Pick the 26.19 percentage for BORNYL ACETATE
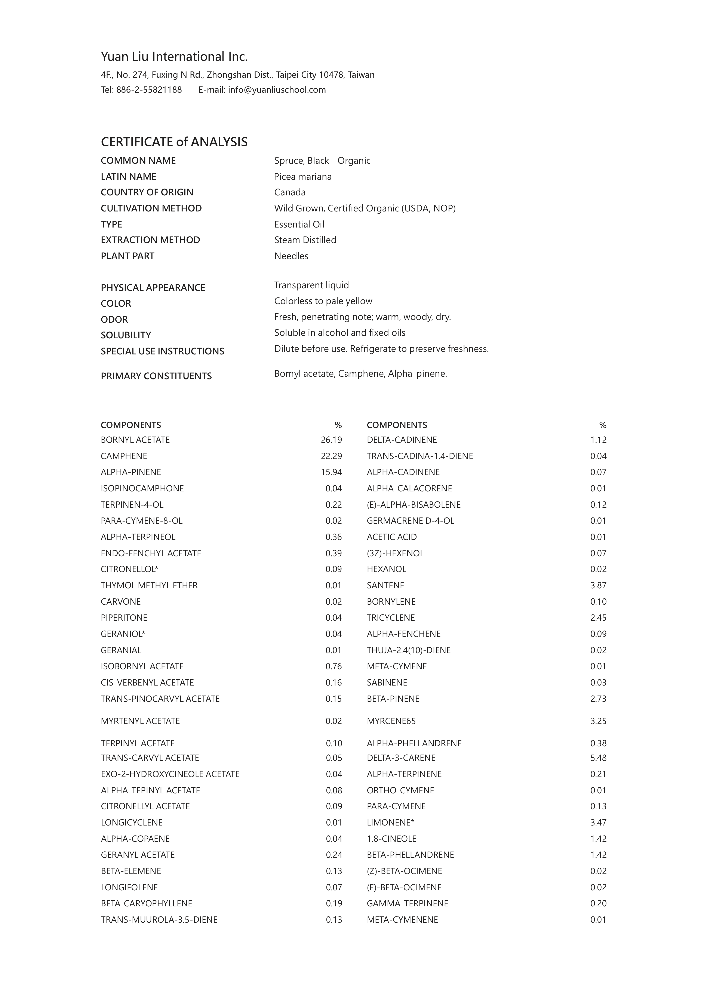331,440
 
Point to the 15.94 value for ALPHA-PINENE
331,472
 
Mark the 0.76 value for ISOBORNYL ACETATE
333,666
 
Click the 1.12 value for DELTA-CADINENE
598,440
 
